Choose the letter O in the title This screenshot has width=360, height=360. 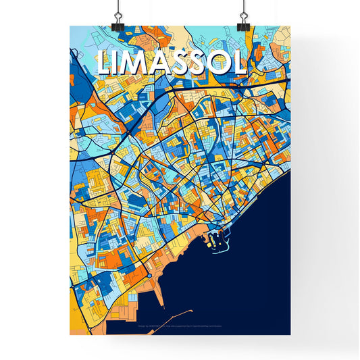click(x=217, y=63)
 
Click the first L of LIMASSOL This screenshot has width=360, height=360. click(x=105, y=63)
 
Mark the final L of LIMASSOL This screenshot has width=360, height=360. click(x=238, y=63)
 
